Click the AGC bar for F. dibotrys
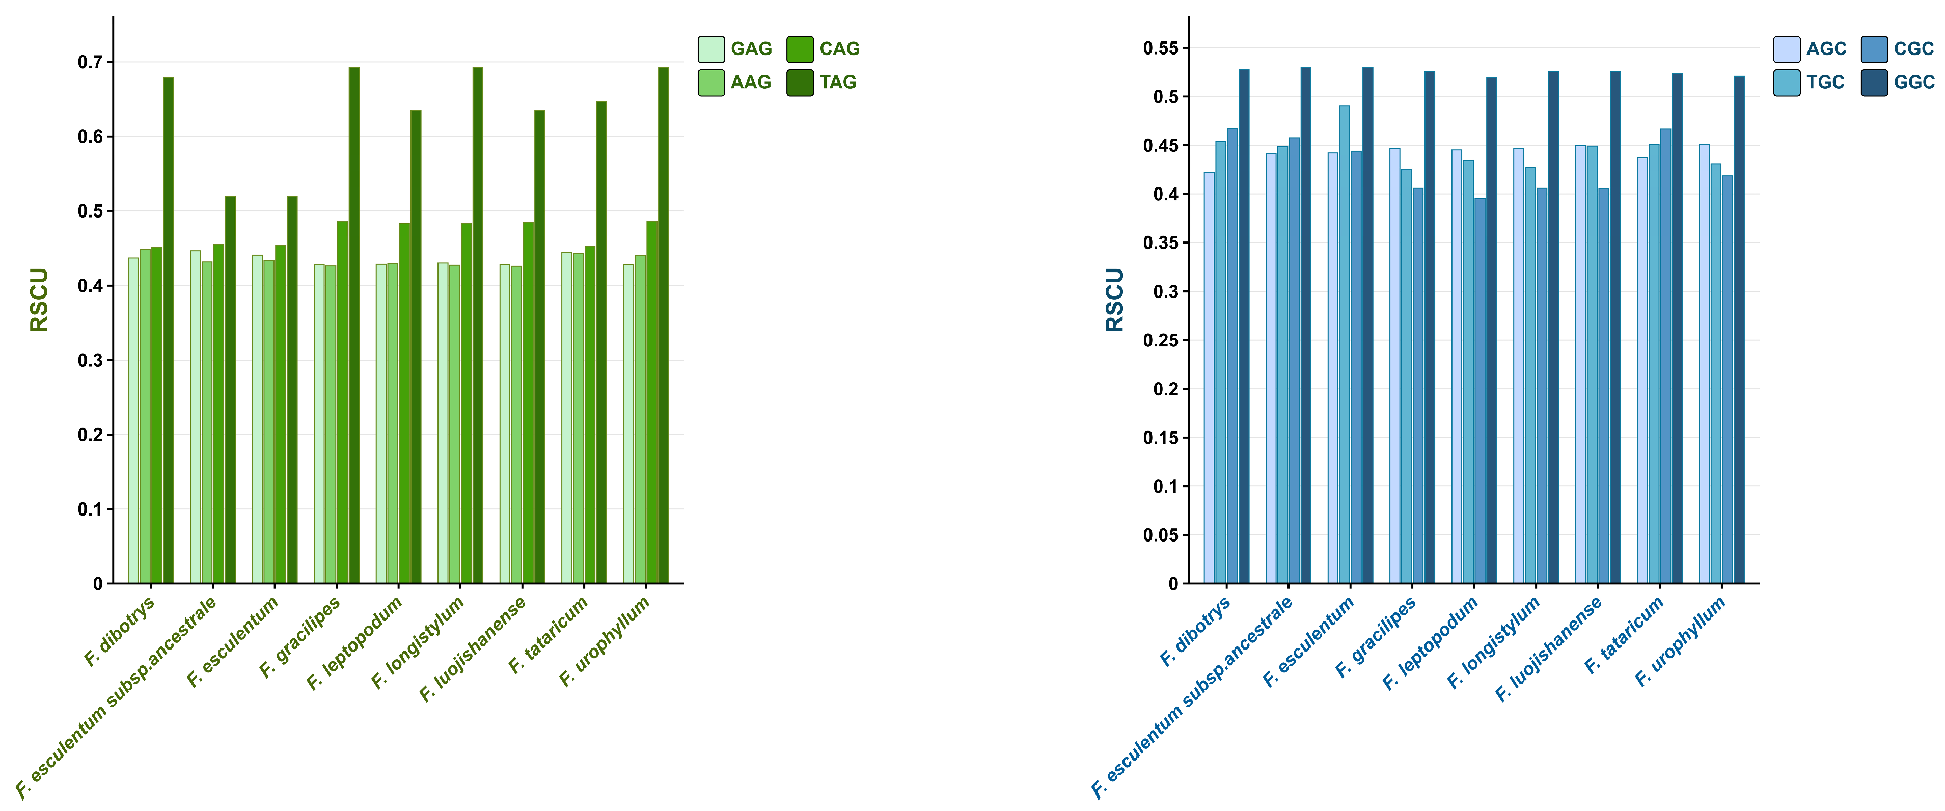[1209, 377]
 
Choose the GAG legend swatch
[710, 49]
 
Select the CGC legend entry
[1912, 49]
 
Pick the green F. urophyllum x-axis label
[604, 642]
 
